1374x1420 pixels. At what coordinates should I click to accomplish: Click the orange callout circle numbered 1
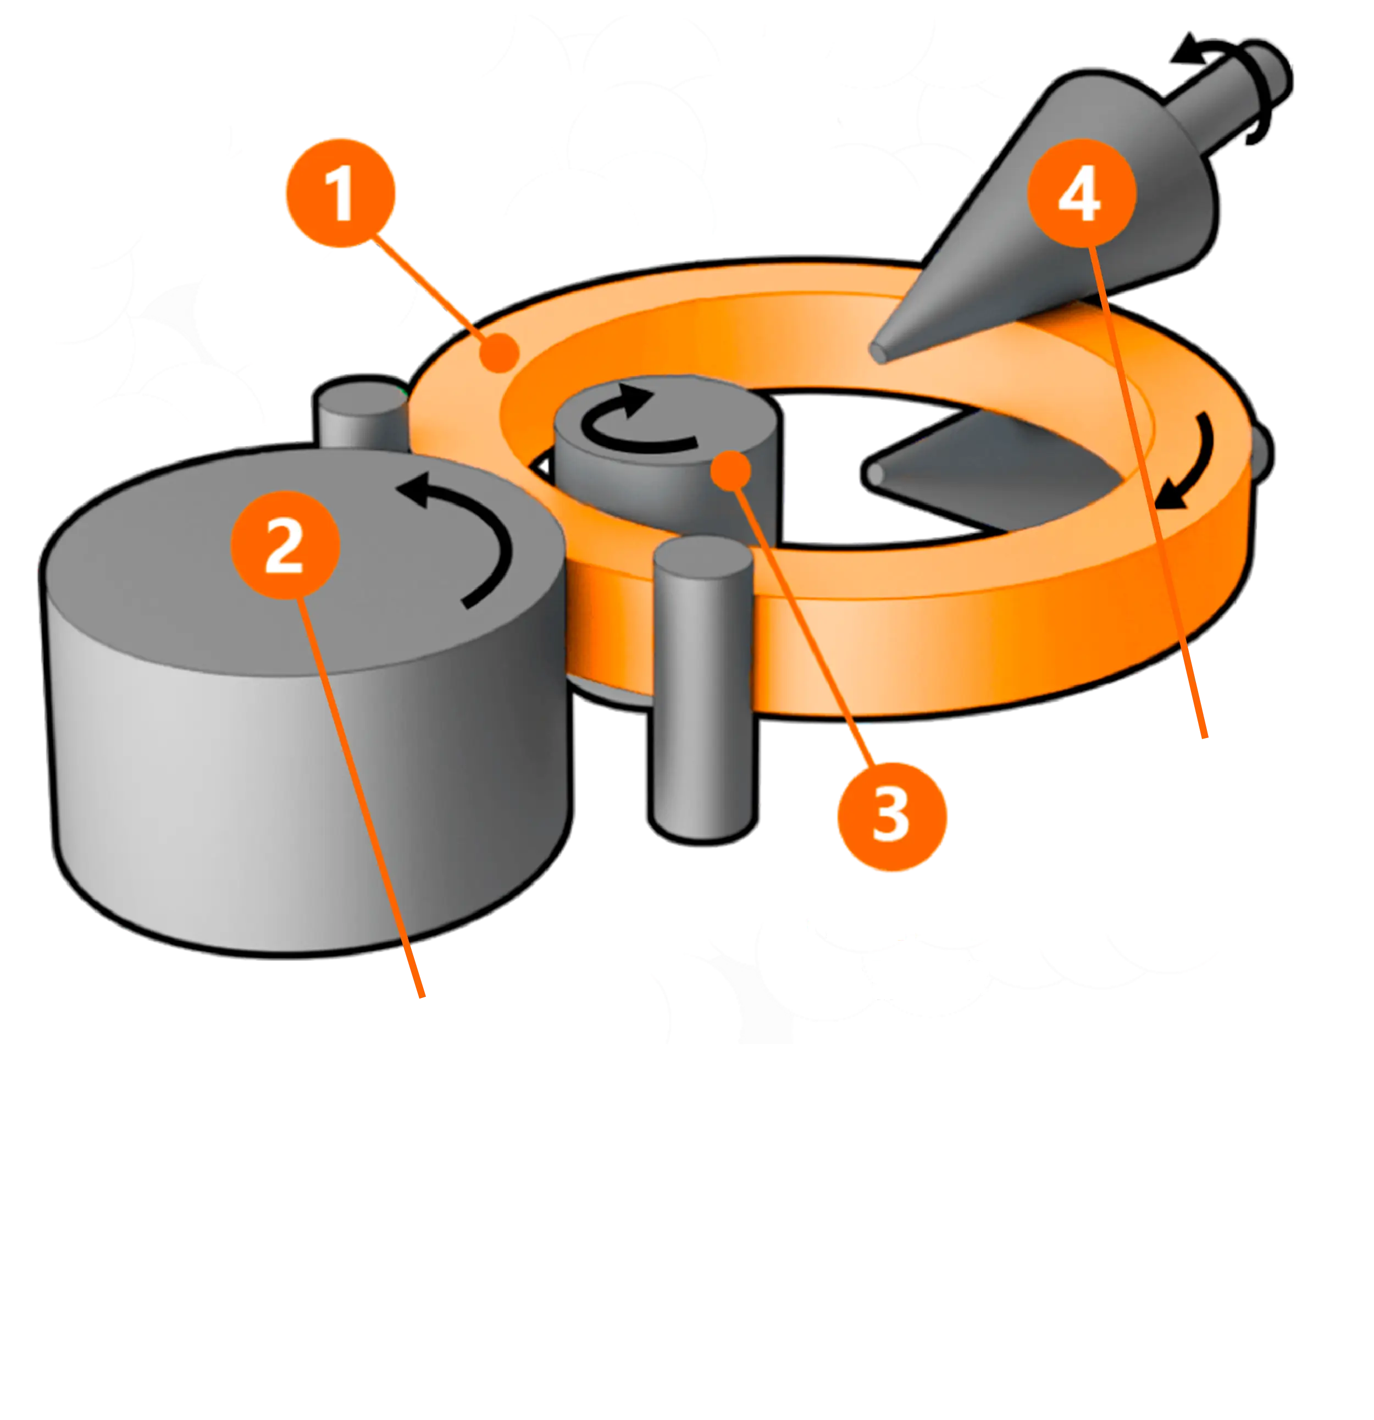pos(341,193)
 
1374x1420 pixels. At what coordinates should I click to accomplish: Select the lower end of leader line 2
pos(423,997)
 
